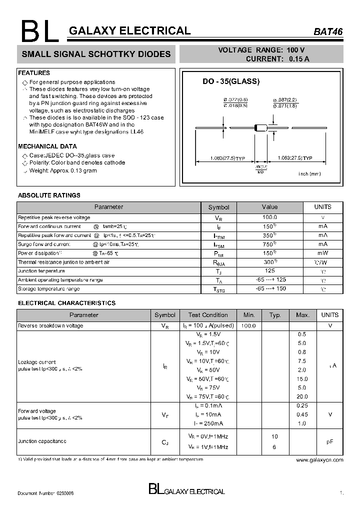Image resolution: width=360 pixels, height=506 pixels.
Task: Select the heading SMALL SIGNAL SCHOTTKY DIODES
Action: tap(94, 54)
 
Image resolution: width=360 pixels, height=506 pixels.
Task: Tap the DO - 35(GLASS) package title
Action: tap(231, 81)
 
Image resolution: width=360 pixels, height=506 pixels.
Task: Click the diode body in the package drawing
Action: tap(261, 128)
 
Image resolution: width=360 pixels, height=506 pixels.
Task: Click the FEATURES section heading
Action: tap(34, 73)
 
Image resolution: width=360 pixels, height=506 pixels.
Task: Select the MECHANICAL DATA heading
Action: tap(47, 146)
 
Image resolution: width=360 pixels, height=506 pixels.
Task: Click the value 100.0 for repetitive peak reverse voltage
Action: tap(269, 217)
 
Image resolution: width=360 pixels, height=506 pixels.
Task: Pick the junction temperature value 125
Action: tap(269, 270)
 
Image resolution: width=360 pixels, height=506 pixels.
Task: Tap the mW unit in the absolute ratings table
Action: tap(322, 253)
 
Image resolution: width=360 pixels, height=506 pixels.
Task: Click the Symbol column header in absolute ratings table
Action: tap(218, 207)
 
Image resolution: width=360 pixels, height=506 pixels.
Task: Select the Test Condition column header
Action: tap(208, 315)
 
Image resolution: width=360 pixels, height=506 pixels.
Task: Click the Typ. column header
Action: tap(275, 315)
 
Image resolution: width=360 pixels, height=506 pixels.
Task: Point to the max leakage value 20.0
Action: tap(301, 396)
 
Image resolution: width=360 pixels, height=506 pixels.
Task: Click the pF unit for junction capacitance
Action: tap(329, 442)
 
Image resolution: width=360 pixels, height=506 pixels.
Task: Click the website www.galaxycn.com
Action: tap(319, 459)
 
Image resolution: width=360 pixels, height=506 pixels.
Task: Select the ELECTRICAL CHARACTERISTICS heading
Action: tap(66, 303)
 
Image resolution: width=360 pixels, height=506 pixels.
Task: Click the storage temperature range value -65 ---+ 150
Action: tap(270, 288)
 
